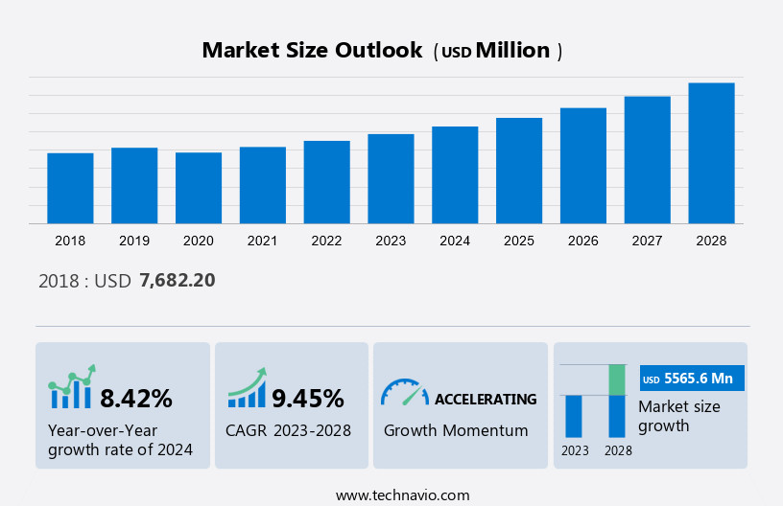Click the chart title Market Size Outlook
312,51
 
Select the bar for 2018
70,188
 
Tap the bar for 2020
199,188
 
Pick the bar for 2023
391,178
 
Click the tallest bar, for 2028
711,153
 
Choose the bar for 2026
583,166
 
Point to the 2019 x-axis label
134,241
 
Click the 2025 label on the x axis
519,241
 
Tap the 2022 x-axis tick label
326,241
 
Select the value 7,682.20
178,281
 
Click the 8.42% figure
136,398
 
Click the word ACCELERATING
486,399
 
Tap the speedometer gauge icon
404,392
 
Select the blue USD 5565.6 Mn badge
692,379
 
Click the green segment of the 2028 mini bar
617,379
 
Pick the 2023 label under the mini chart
575,450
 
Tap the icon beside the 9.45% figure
247,388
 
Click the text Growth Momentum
456,430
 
